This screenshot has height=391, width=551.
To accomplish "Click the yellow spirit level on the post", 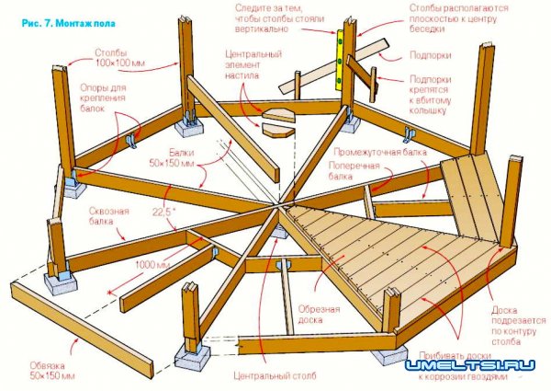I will tap(342, 61).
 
